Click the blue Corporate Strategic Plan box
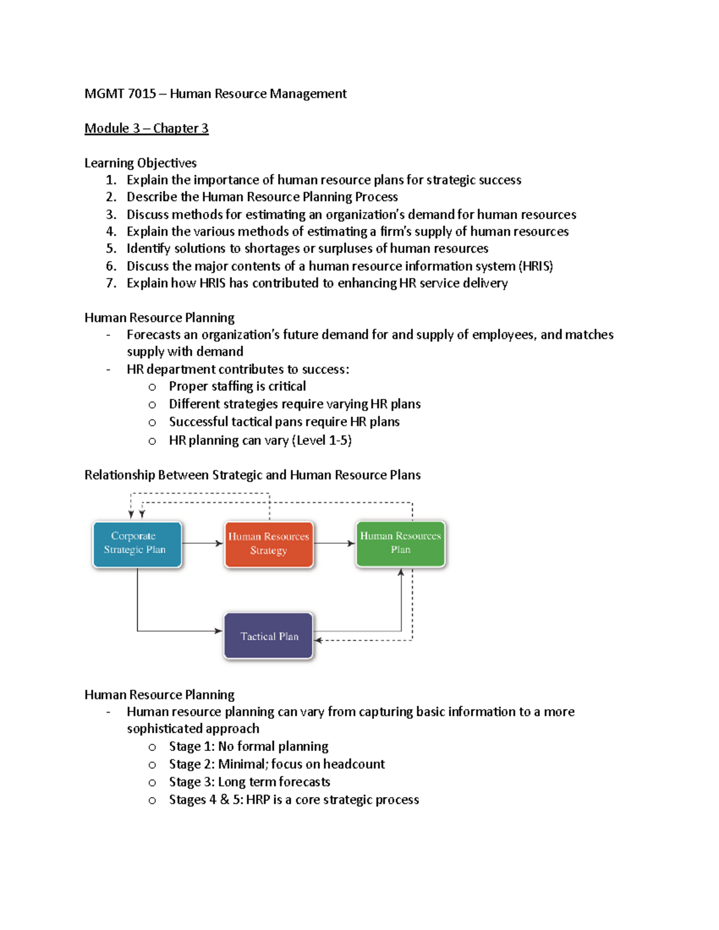137,544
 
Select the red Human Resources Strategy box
268,544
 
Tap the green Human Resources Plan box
400,543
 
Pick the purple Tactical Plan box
268,636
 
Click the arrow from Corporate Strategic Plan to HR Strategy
203,543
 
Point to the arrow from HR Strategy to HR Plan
334,543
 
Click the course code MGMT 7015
120,94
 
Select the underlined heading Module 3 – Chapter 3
146,128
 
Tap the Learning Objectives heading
140,163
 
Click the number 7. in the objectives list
111,283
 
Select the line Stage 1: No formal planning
248,747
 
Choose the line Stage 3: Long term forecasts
249,782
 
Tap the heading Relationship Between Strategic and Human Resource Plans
252,475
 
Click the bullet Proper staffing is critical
237,386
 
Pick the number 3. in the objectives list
111,214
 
